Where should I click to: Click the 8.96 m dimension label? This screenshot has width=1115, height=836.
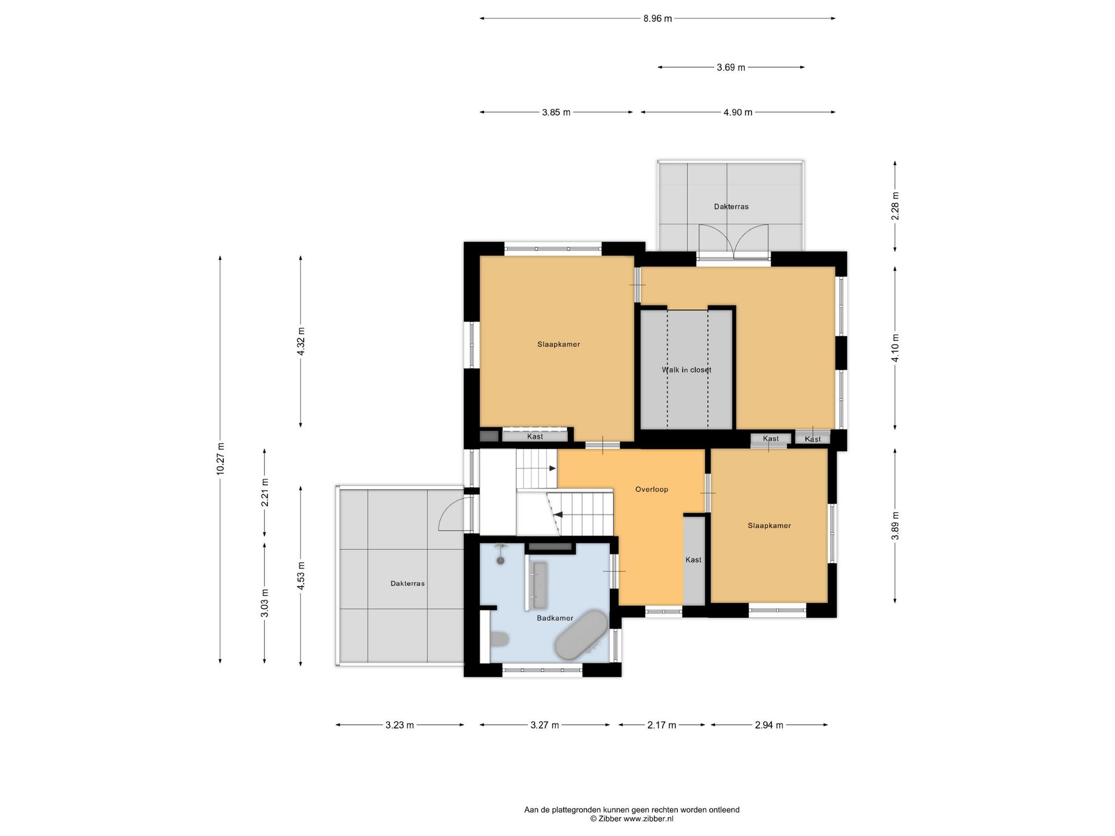coord(658,19)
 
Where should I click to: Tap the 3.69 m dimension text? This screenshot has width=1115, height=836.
coord(731,67)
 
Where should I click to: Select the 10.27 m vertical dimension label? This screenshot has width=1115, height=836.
coord(220,459)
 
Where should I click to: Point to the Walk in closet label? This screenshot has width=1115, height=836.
coord(687,370)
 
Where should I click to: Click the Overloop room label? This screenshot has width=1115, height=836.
coord(652,489)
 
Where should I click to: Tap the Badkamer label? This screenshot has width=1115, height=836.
coord(555,618)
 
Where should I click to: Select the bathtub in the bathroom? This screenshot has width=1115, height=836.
coord(581,635)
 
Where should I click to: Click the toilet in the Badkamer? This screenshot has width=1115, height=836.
coord(499,638)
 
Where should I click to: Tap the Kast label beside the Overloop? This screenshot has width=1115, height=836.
coord(694,560)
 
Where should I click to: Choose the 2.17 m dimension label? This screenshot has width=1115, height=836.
coord(661,725)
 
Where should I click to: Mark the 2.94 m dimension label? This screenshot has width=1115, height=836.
coord(769,725)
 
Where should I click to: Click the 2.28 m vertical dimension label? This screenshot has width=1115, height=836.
coord(896,206)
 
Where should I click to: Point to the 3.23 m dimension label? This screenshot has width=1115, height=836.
coord(400,725)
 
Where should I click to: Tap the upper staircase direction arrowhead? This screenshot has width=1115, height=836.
coord(553,468)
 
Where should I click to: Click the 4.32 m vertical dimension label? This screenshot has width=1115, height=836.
coord(301,341)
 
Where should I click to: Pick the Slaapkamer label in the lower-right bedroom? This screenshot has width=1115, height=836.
coord(769,526)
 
